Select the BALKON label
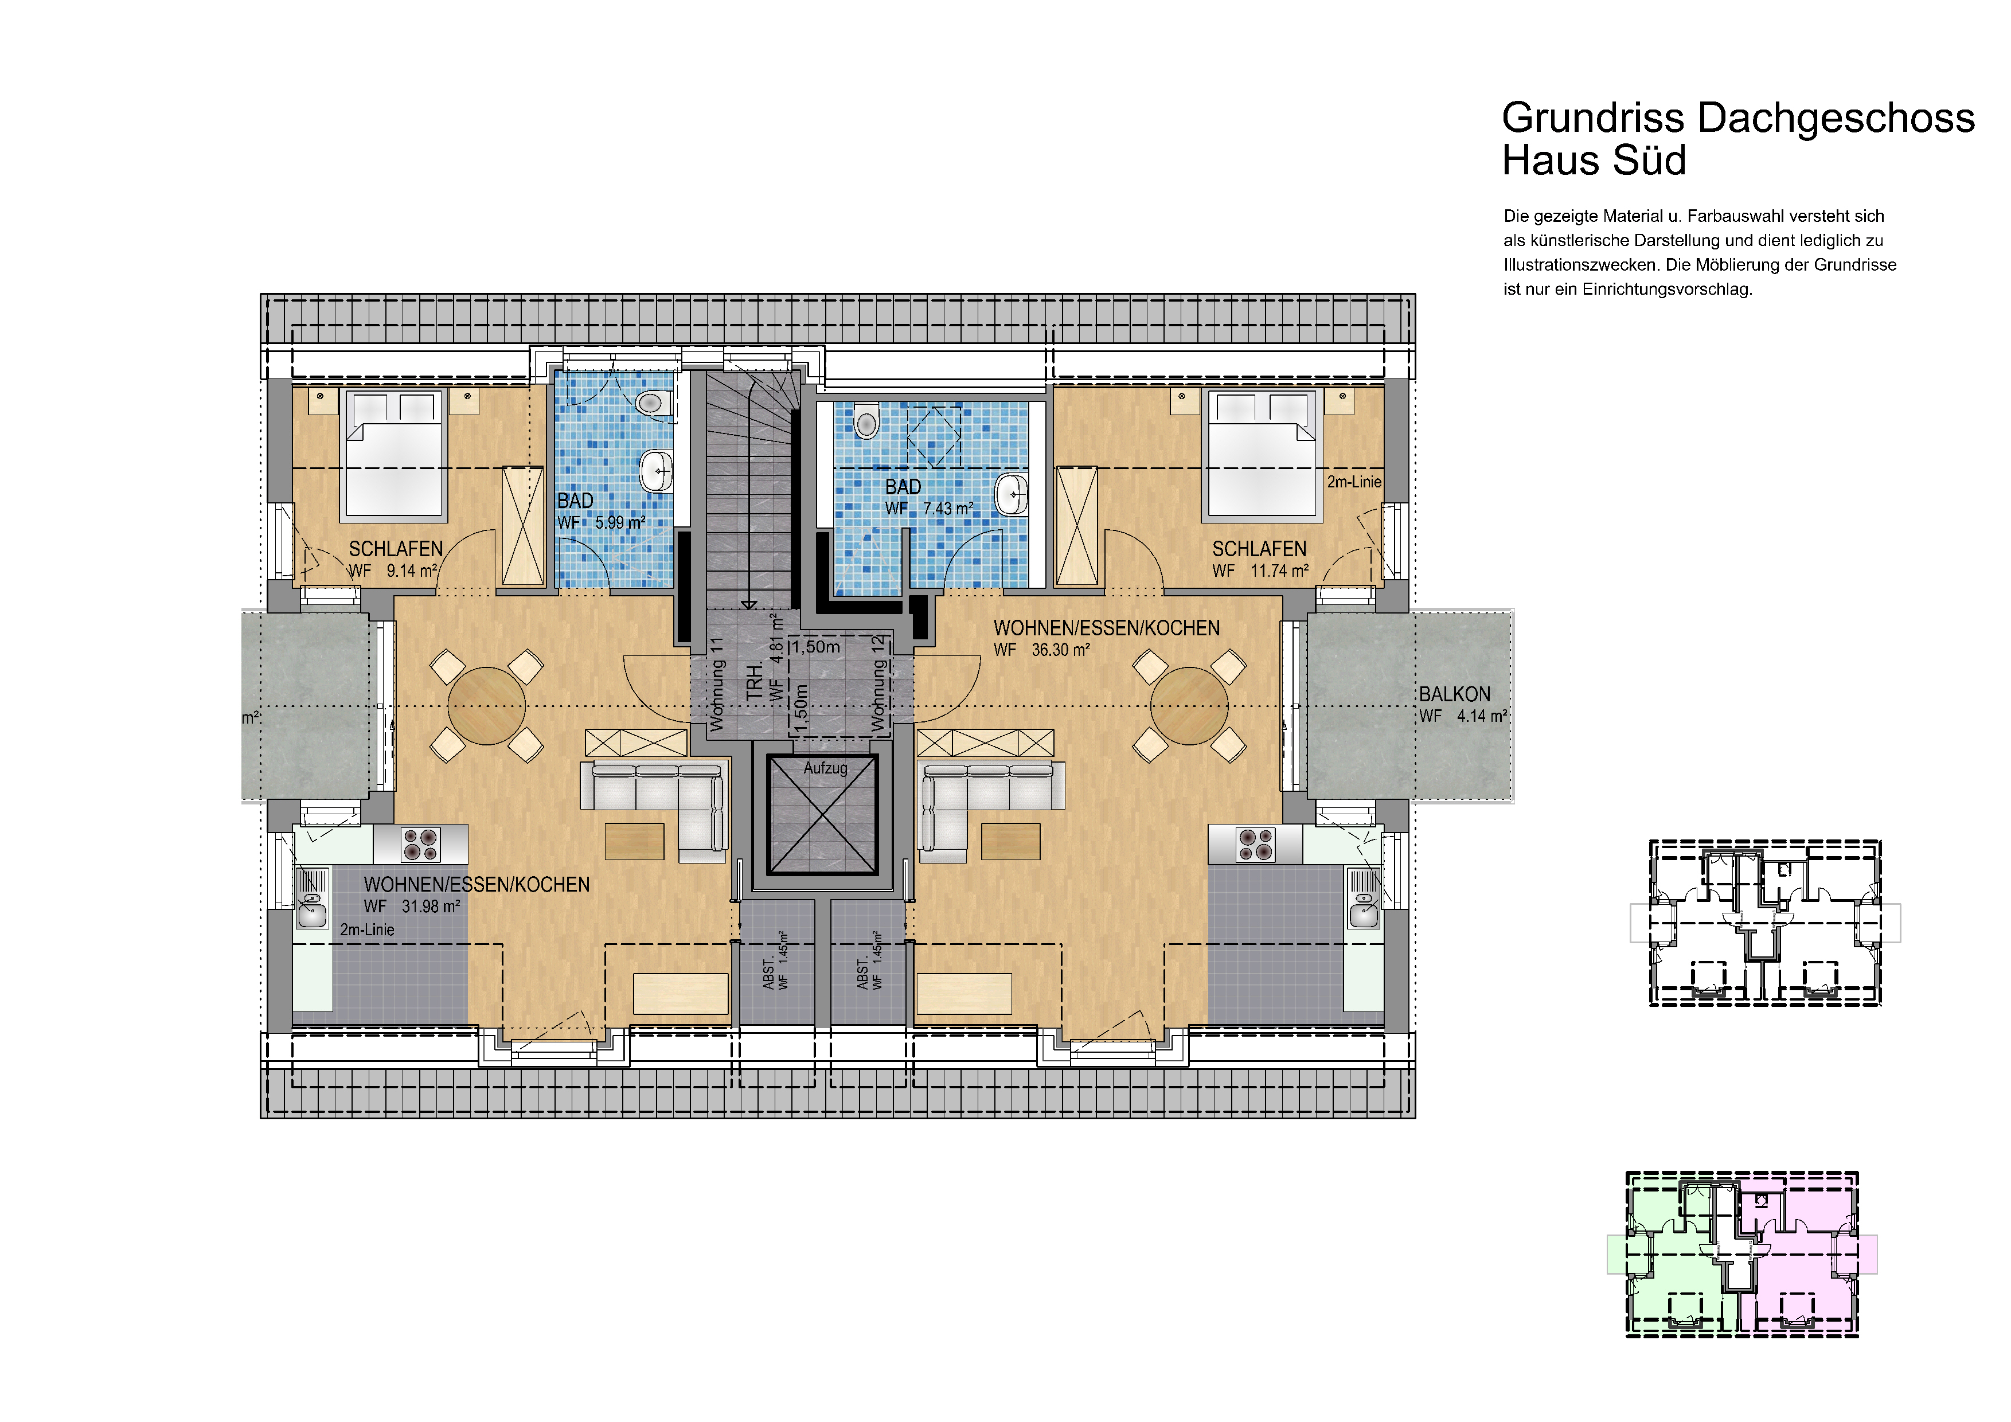coord(1455,694)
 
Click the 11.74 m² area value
coord(1280,571)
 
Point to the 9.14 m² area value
coord(412,571)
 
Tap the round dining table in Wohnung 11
coord(486,706)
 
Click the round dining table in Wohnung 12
coord(1189,706)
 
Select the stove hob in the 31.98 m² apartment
coord(420,844)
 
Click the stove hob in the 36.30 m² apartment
coord(1256,844)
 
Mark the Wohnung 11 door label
coord(717,684)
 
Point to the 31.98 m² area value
coord(431,907)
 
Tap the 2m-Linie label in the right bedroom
coord(1354,482)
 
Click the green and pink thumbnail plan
coord(1742,1254)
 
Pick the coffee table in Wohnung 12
coord(1011,842)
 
